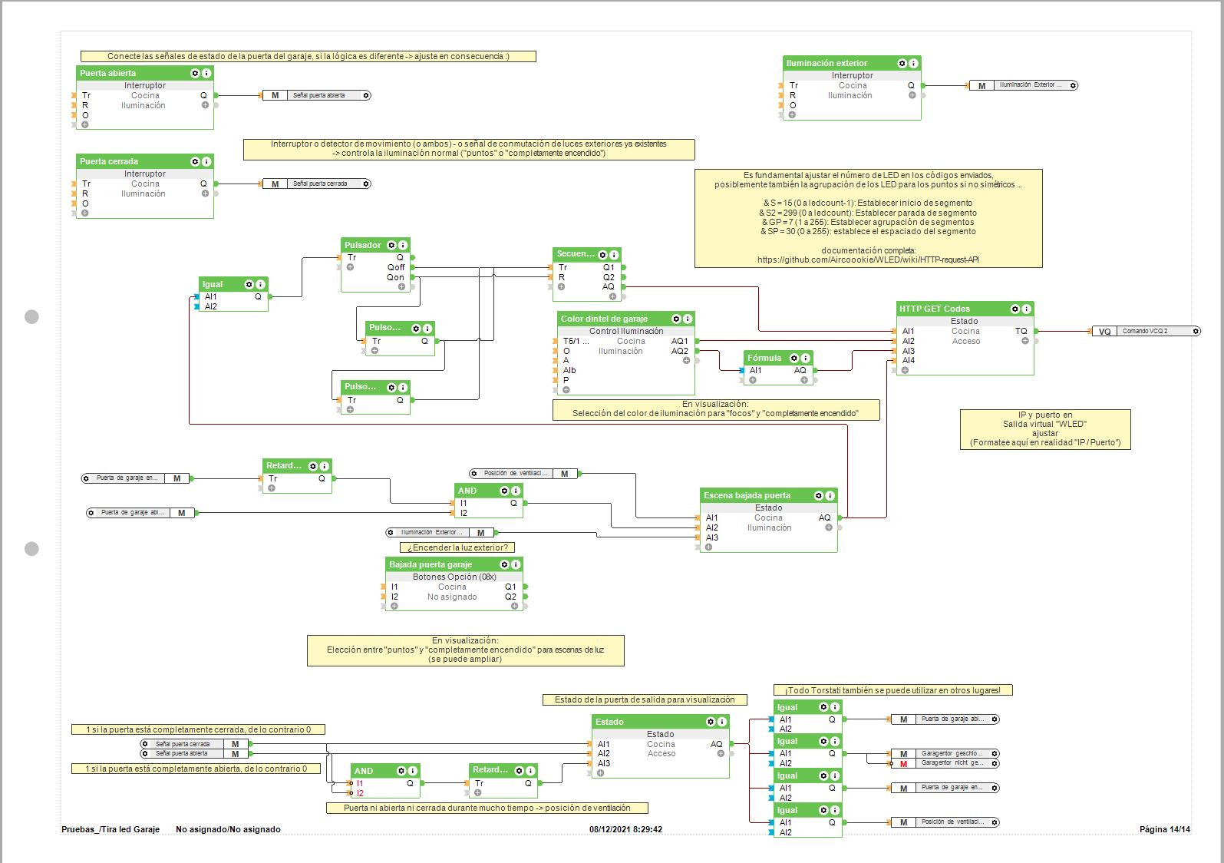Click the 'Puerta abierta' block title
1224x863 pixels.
[108, 73]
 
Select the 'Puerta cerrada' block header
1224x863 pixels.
[109, 161]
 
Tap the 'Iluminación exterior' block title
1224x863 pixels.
[826, 63]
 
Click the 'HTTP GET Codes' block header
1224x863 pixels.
[935, 309]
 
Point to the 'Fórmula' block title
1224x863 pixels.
[764, 358]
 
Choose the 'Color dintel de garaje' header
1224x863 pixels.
[604, 319]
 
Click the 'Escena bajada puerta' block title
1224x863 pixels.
[747, 495]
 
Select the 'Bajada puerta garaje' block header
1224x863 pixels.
[431, 564]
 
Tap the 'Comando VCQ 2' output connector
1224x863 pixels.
[1146, 332]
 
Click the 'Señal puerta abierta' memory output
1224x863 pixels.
[318, 96]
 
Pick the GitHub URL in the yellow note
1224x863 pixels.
[868, 260]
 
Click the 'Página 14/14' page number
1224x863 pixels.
[1164, 829]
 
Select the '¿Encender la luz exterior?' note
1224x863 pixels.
[457, 547]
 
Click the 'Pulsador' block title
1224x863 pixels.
[363, 245]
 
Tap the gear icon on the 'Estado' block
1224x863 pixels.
[711, 722]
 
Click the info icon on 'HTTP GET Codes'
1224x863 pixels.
[1027, 309]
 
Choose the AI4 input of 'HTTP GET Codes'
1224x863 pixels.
[909, 360]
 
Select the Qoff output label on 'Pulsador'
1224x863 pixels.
[396, 267]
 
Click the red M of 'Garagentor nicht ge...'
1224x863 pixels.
[904, 763]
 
